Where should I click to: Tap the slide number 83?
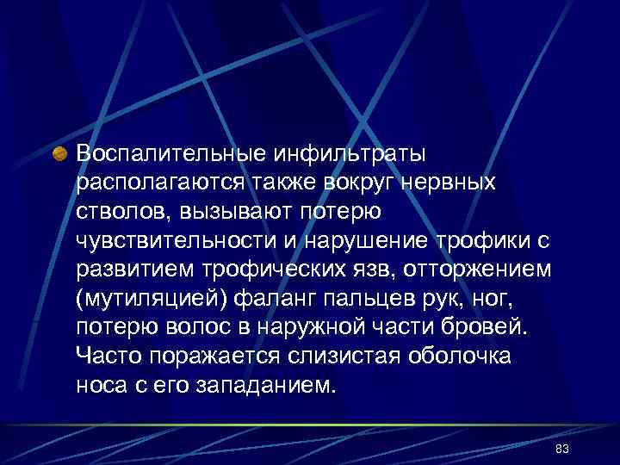pos(563,450)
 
